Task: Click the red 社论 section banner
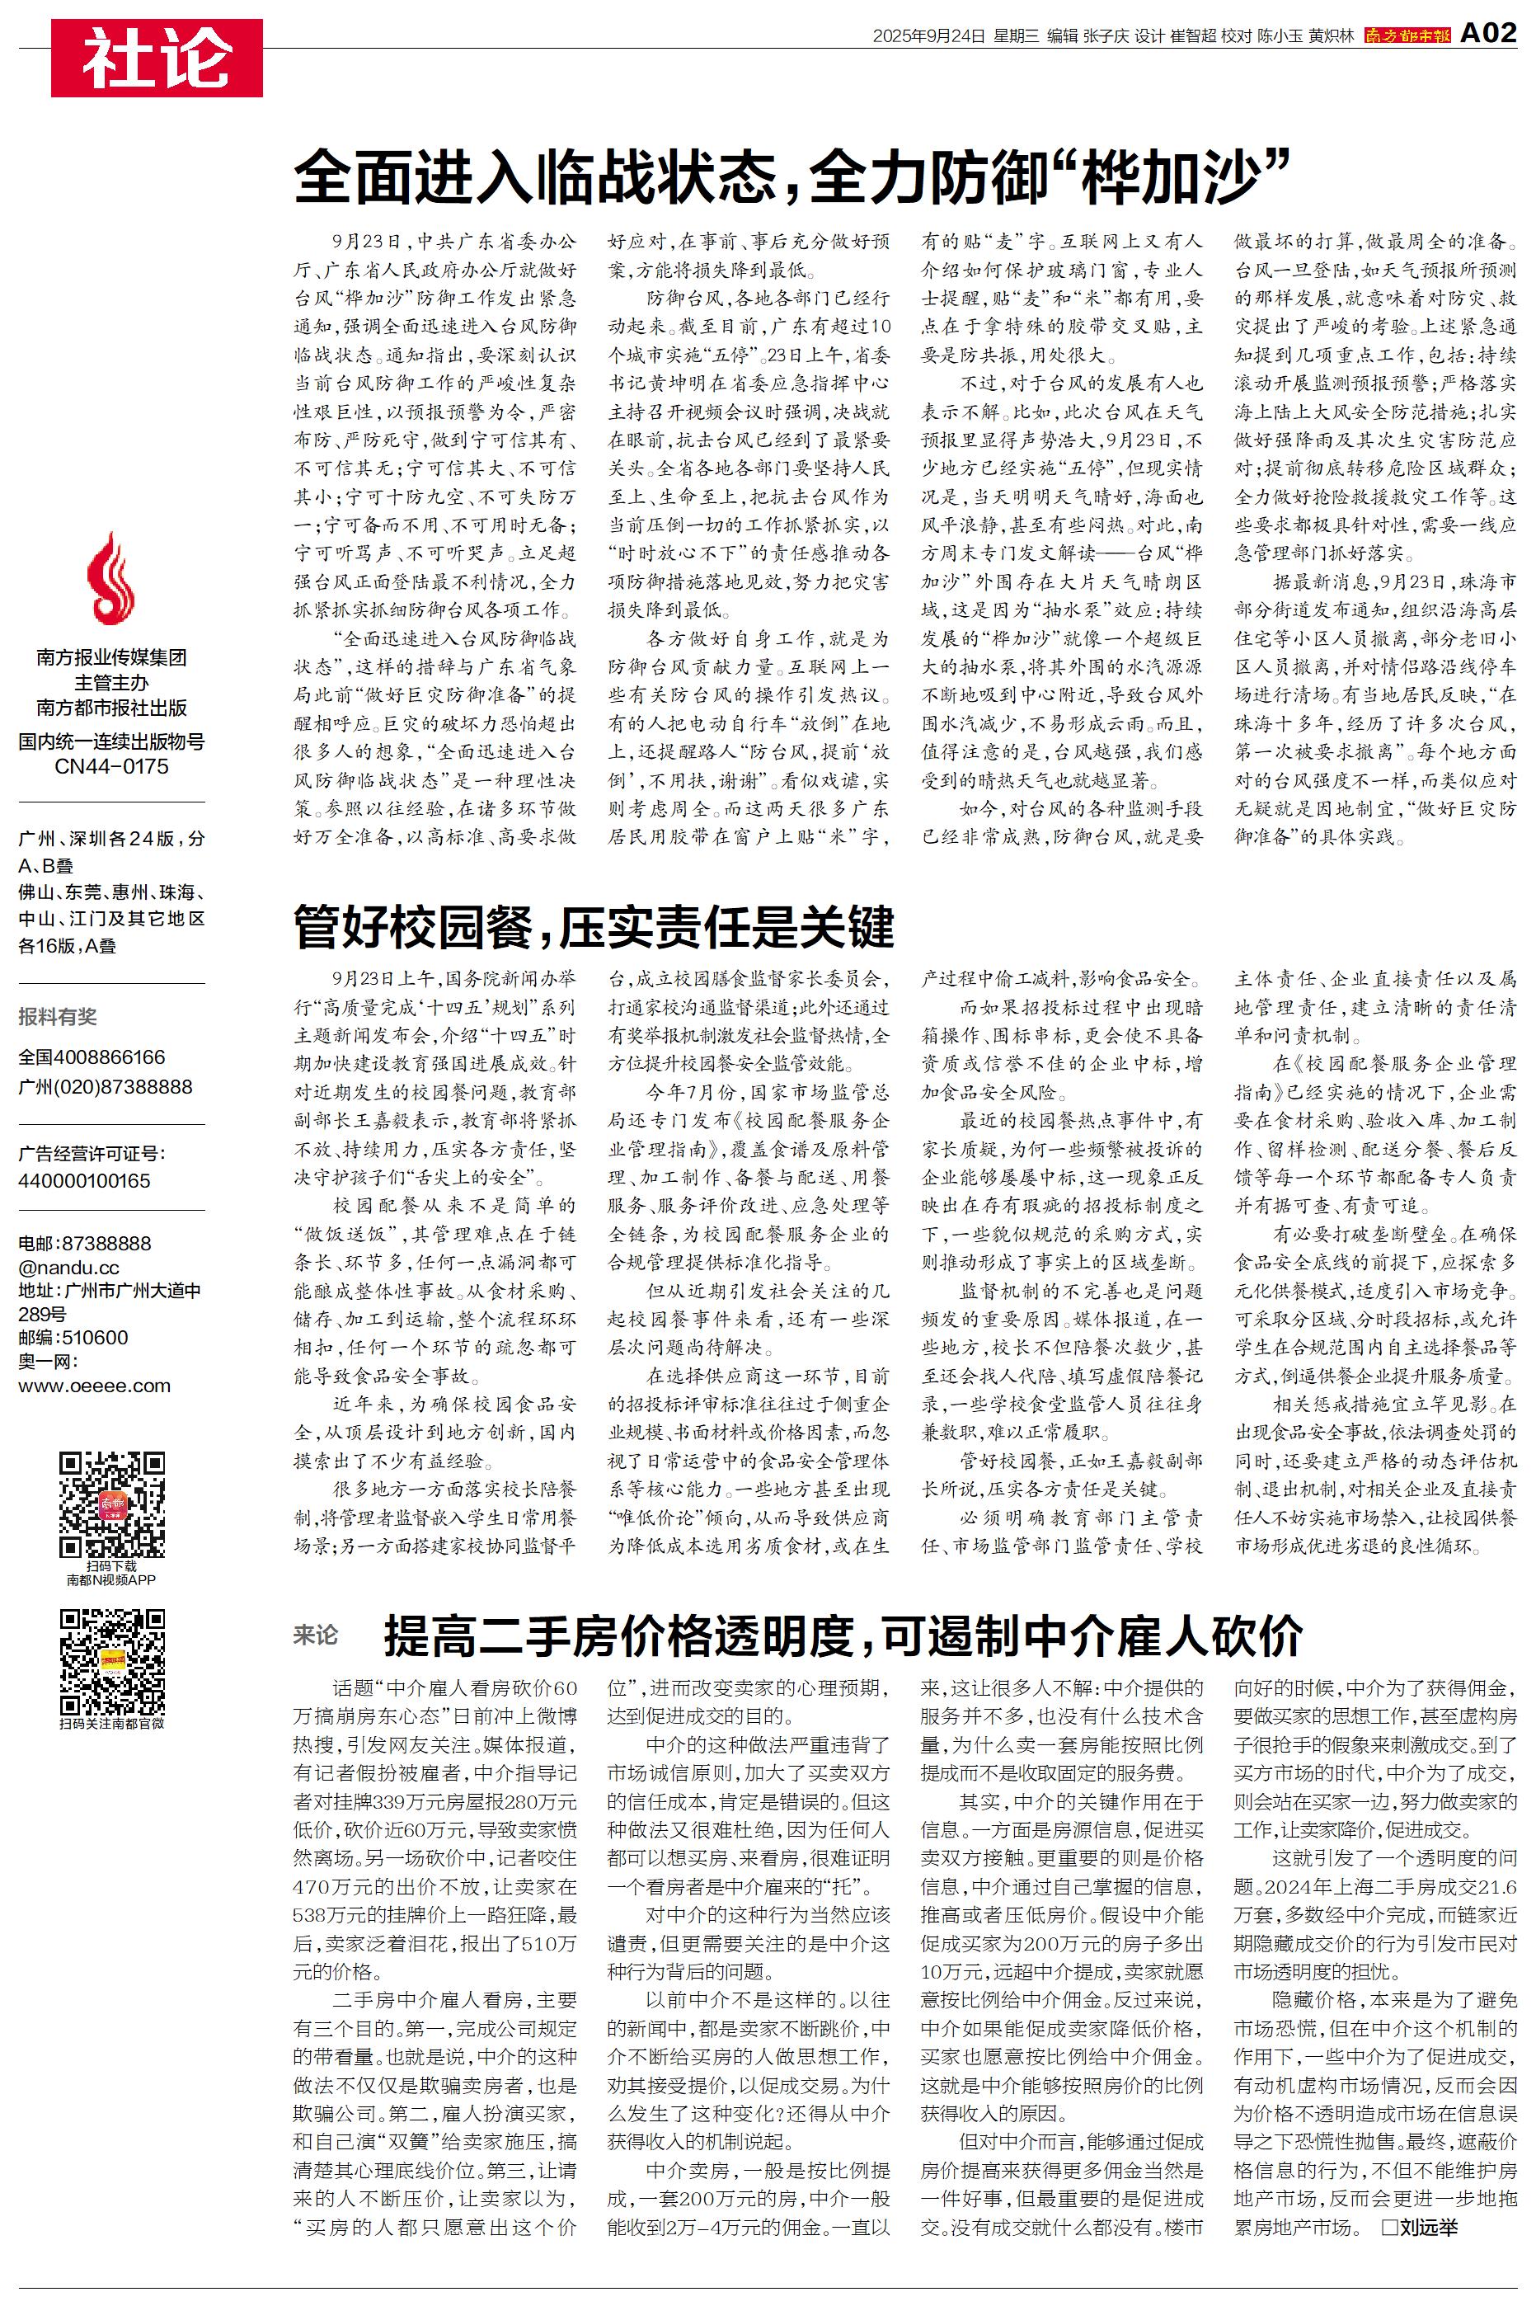157,59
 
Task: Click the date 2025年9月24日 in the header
928,36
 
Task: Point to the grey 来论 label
316,1634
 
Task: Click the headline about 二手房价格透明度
843,1634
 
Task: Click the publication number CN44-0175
111,766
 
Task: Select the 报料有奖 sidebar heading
58,1017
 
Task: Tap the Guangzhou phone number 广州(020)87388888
105,1086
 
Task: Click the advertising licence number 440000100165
84,1180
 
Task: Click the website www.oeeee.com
94,1386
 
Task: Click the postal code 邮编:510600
73,1337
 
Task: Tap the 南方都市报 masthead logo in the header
1407,35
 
